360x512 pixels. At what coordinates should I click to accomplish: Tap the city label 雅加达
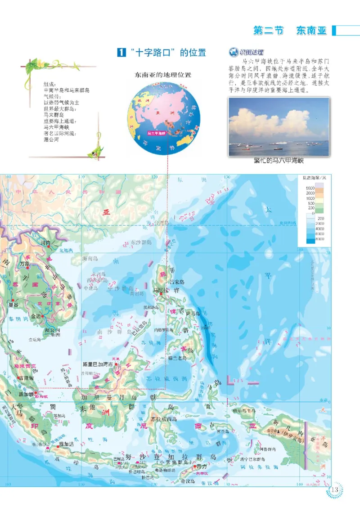pyautogui.click(x=66, y=443)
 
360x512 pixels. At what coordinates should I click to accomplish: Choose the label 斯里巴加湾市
pyautogui.click(x=99, y=364)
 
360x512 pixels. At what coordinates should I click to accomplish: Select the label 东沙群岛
pyautogui.click(x=141, y=242)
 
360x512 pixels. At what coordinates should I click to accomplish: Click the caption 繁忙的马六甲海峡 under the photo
pyautogui.click(x=279, y=162)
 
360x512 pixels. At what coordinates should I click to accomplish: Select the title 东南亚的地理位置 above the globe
pyautogui.click(x=160, y=75)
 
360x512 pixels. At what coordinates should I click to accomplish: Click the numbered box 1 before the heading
pyautogui.click(x=121, y=53)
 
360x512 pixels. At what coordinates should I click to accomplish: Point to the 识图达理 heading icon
pyautogui.click(x=233, y=53)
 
